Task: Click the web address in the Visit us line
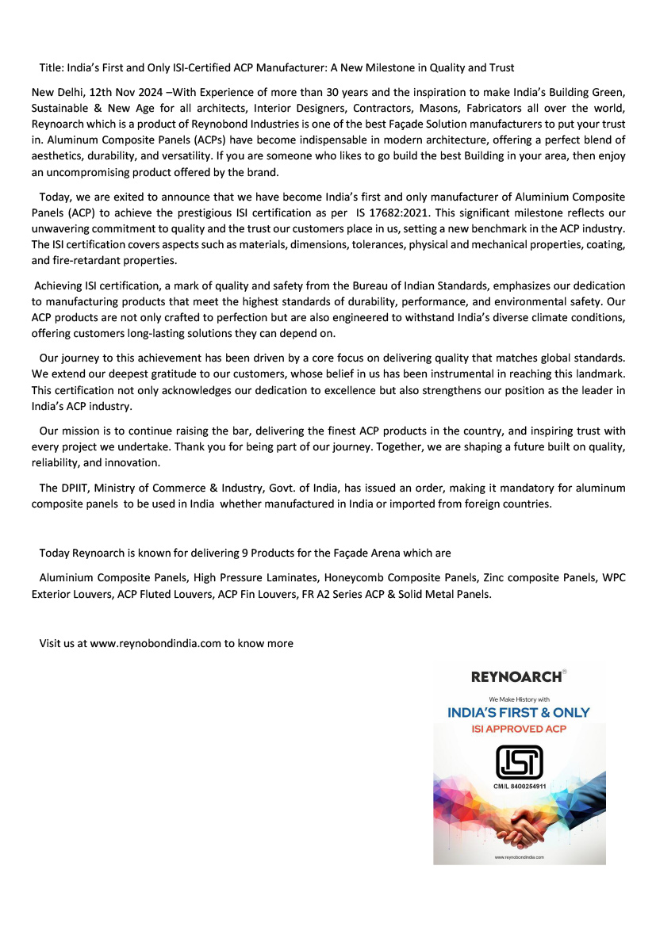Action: tap(155, 643)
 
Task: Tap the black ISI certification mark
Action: tap(519, 761)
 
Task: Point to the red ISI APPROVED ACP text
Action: tap(520, 728)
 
